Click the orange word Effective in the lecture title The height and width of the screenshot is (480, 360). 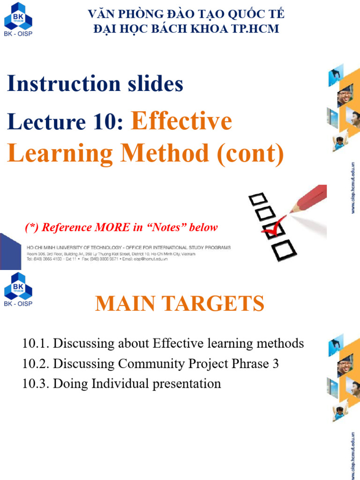tap(182, 121)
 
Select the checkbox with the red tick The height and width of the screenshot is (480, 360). tap(272, 230)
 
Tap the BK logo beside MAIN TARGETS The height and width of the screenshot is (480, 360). tap(18, 287)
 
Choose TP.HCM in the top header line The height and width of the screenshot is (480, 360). tap(255, 29)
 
